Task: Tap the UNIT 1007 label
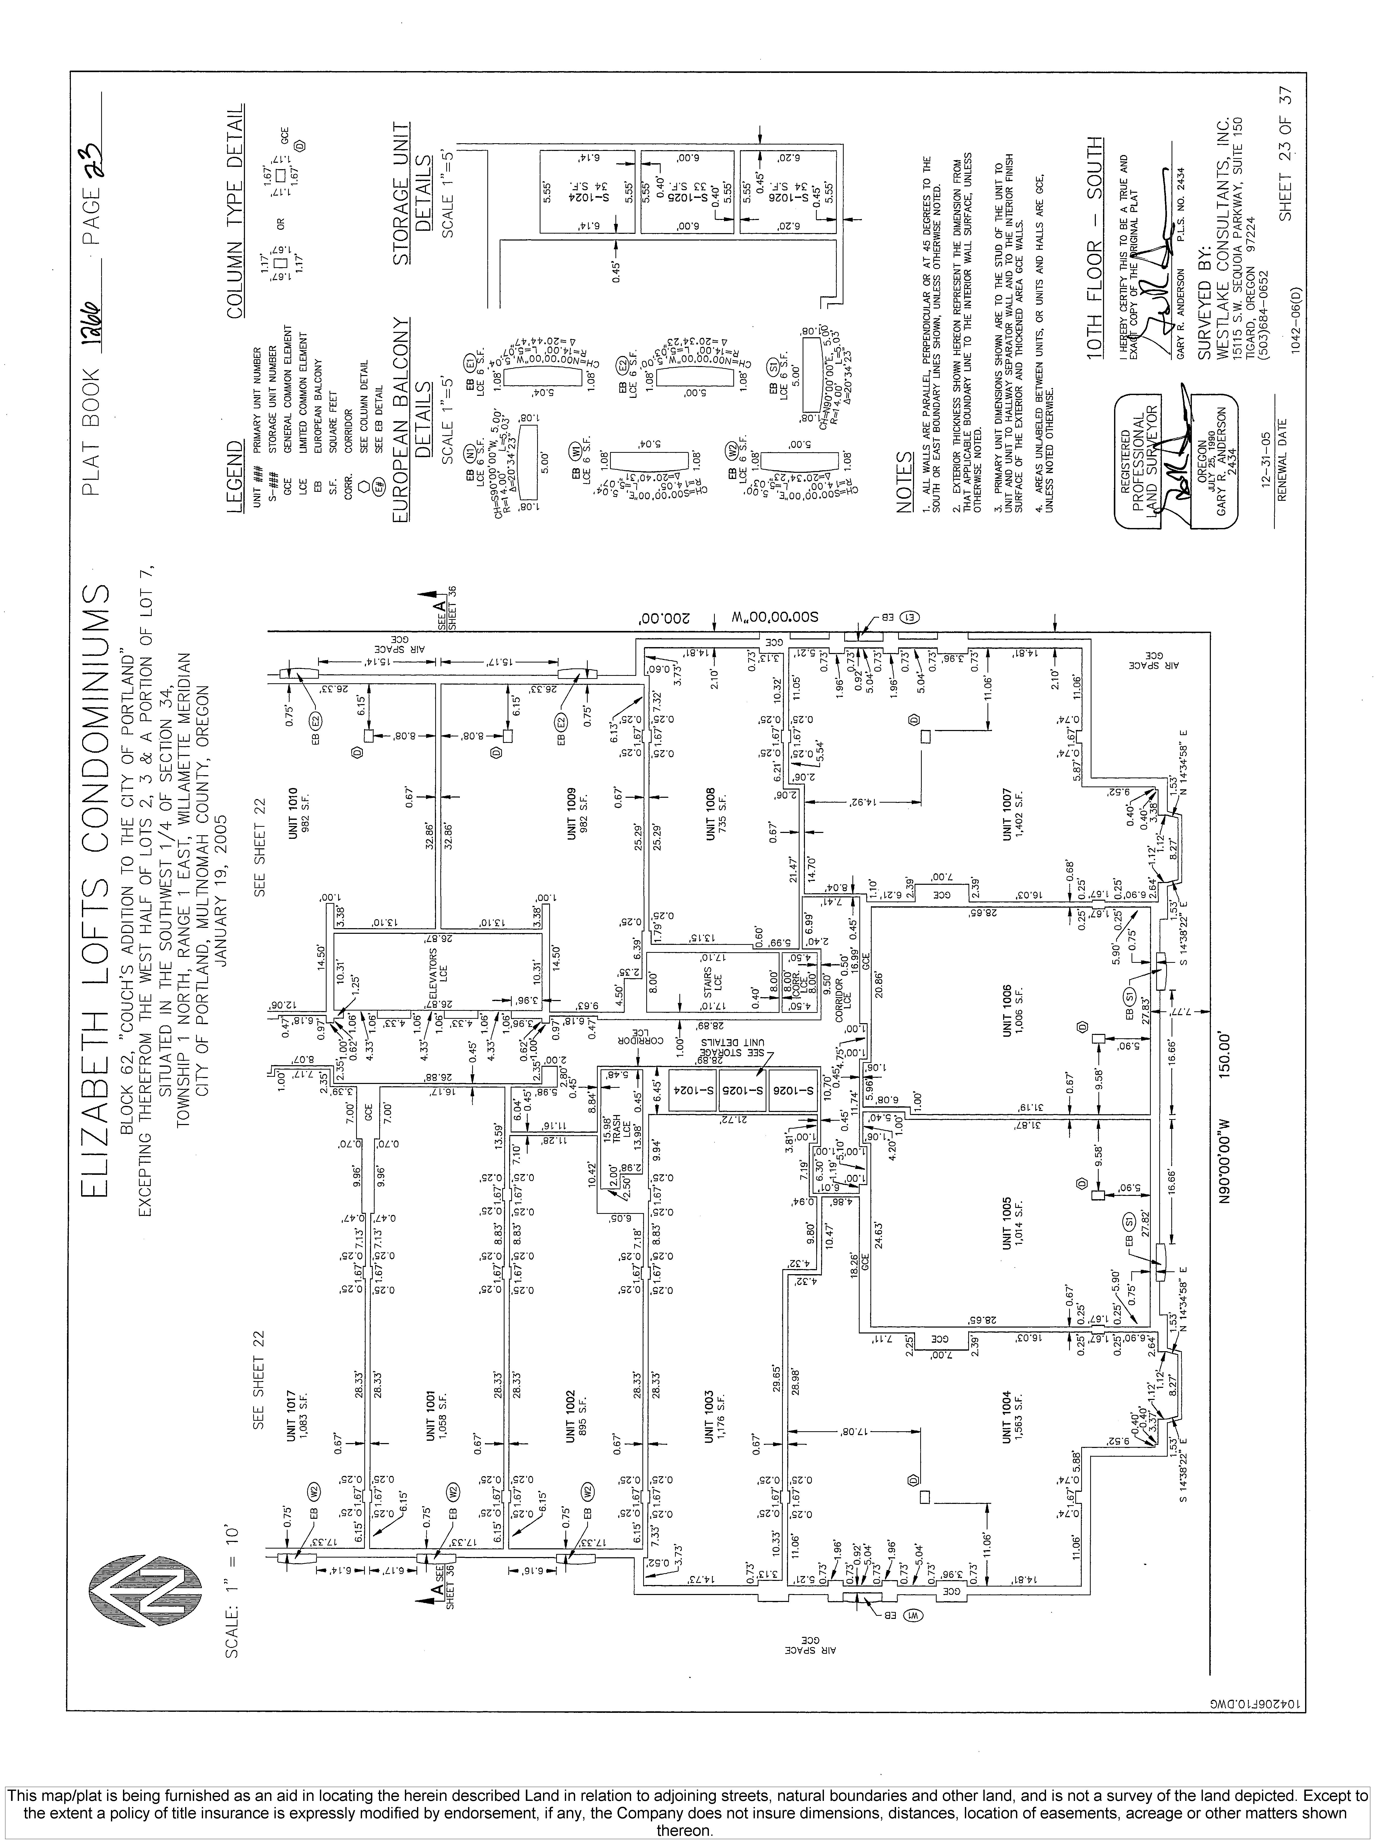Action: coord(1013,814)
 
